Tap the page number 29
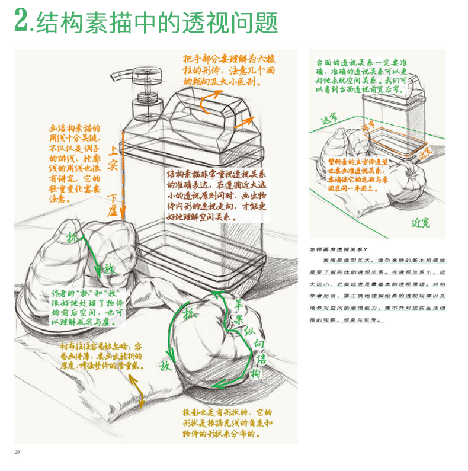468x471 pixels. click(17, 453)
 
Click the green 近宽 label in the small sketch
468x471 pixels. click(421, 223)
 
